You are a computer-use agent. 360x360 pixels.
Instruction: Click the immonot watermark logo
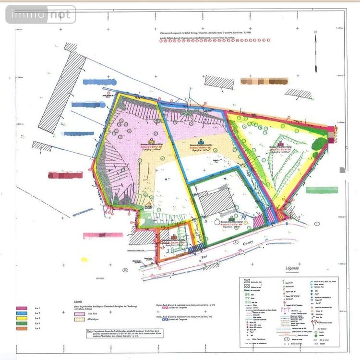pos(41,15)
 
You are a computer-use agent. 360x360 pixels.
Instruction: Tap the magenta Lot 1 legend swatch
pos(21,308)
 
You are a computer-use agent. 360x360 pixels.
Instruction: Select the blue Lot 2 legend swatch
pos(21,313)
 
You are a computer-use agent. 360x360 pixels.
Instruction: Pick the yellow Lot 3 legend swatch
pos(21,319)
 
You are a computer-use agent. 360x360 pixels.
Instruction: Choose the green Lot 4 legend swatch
pos(21,324)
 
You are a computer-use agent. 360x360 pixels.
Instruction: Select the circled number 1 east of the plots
pos(317,224)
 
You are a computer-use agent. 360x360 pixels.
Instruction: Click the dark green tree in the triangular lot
pos(318,143)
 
